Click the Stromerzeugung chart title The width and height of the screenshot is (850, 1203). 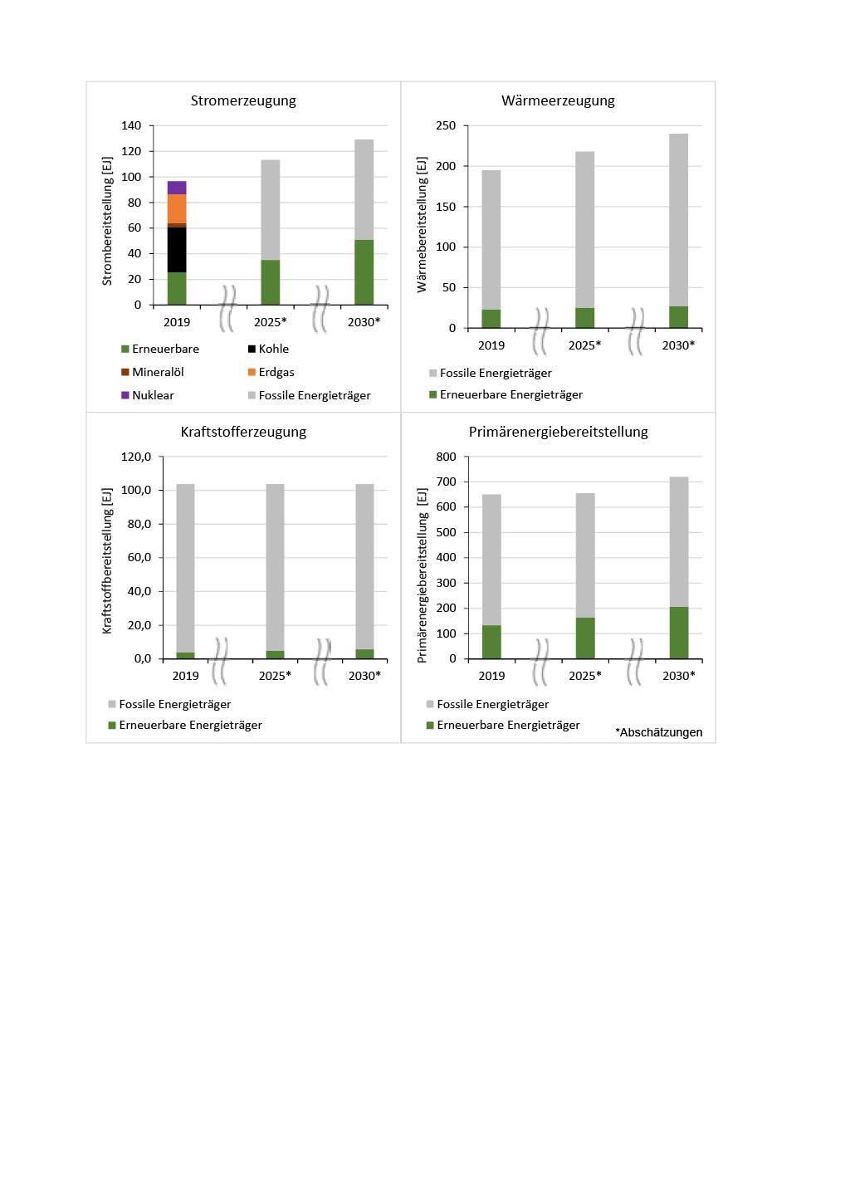(x=243, y=100)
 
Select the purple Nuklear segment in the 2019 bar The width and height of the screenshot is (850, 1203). (x=177, y=188)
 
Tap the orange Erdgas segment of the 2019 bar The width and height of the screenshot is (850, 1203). (x=177, y=208)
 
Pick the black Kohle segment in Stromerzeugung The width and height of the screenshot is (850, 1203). (x=177, y=250)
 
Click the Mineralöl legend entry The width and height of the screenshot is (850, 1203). (x=158, y=372)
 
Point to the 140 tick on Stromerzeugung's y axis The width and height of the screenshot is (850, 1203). (x=131, y=125)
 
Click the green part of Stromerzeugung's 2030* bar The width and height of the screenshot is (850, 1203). (x=364, y=272)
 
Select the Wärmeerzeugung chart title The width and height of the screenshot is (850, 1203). (x=558, y=100)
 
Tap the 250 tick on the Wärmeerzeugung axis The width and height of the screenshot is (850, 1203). (x=446, y=125)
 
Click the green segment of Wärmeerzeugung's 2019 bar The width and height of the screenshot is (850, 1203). (x=491, y=319)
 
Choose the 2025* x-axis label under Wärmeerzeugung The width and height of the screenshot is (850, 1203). (x=584, y=345)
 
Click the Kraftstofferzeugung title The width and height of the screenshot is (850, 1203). (x=243, y=432)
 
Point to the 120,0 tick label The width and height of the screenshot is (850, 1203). (x=136, y=457)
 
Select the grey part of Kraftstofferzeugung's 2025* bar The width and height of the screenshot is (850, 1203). (x=275, y=565)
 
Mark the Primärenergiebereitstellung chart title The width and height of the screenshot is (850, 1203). (x=558, y=432)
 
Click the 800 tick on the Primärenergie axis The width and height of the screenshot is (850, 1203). (x=446, y=457)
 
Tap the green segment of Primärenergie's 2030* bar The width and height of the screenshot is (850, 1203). (x=679, y=633)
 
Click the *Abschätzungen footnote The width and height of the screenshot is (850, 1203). (x=658, y=732)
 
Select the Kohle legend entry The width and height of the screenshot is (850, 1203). (x=273, y=349)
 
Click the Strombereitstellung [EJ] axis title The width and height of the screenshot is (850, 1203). (x=107, y=221)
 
